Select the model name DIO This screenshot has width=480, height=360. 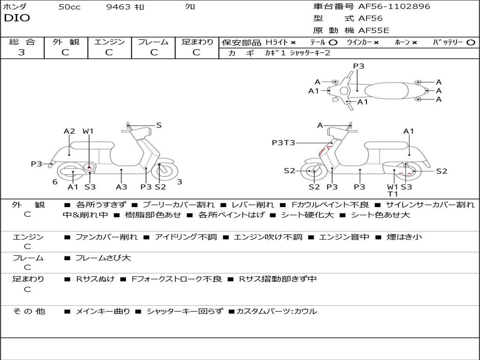17,18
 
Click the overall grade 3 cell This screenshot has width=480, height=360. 22,52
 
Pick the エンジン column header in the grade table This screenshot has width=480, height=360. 110,42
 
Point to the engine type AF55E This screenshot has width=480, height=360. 374,31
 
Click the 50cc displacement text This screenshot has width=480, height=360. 69,7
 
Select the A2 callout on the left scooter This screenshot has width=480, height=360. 69,132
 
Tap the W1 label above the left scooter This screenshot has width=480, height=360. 88,132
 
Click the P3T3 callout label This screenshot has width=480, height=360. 283,142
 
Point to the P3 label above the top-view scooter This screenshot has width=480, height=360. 359,66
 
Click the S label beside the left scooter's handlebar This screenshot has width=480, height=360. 159,125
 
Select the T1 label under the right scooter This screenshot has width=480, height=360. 393,194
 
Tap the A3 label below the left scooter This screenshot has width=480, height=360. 121,187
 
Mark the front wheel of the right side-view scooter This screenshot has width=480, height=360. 314,172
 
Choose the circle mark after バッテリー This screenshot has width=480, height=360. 471,42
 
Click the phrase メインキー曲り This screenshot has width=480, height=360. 103,311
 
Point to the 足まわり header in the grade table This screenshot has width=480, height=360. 197,42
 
